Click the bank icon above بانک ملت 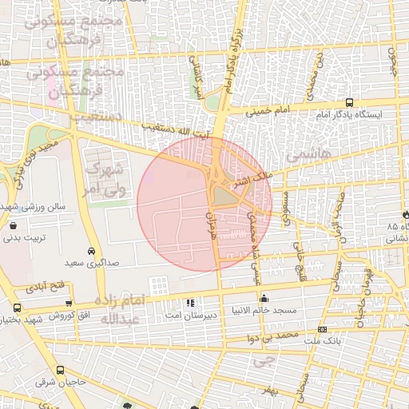coord(322,329)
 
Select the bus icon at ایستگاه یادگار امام coord(349,102)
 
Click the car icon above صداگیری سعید coord(93,250)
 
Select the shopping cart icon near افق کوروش coord(69,304)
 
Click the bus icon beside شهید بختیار coord(18,308)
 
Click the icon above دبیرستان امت coord(189,304)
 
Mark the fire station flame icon coord(406,215)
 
